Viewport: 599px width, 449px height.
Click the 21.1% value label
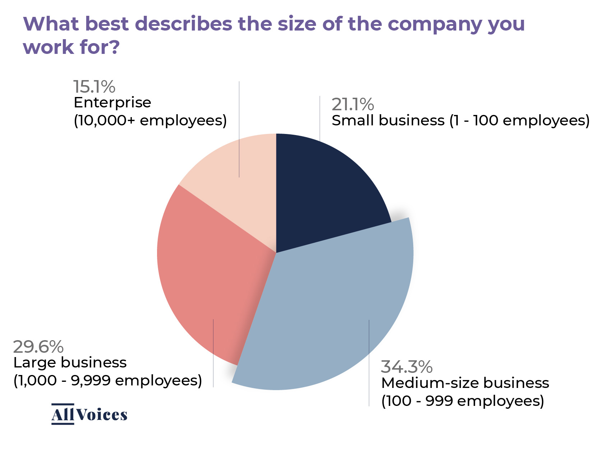coord(353,105)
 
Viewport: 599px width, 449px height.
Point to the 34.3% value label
coord(406,367)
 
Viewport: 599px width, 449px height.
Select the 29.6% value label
coord(38,347)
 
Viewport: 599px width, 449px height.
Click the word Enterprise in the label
coord(112,103)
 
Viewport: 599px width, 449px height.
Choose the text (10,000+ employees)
coord(150,120)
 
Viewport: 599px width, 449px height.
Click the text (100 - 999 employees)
coord(462,401)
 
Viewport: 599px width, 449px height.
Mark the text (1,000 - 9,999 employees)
coord(107,380)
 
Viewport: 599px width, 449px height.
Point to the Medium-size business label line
coord(465,383)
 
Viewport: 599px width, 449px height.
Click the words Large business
coord(70,362)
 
